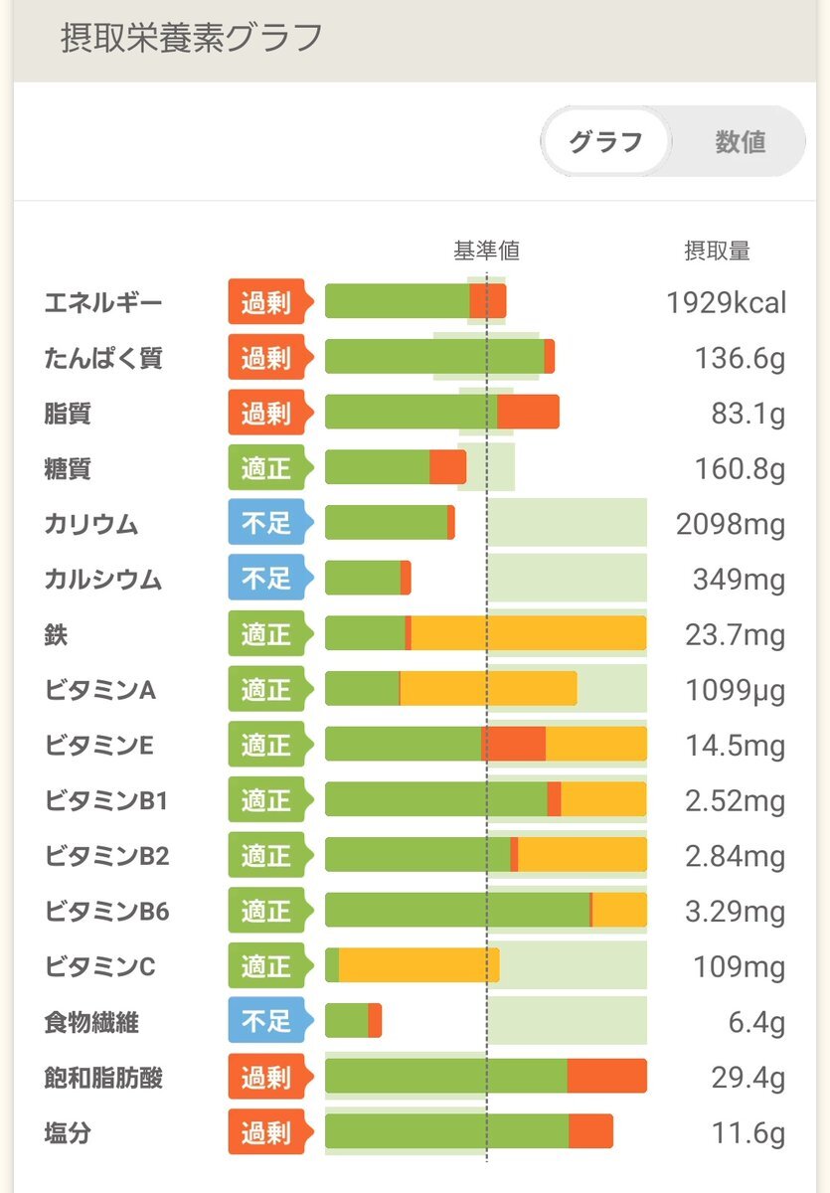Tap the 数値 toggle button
pyautogui.click(x=740, y=142)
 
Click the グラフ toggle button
pyautogui.click(x=605, y=142)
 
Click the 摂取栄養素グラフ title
pyautogui.click(x=191, y=38)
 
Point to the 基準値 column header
pyautogui.click(x=486, y=252)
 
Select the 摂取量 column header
pyautogui.click(x=717, y=252)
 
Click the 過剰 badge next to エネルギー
pyautogui.click(x=266, y=301)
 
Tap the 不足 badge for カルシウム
pyautogui.click(x=266, y=579)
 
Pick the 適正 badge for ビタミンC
pyautogui.click(x=266, y=966)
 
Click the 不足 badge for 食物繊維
pyautogui.click(x=266, y=1021)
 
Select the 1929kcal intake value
pyautogui.click(x=726, y=302)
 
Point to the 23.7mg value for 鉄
pyautogui.click(x=735, y=634)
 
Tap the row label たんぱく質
pyautogui.click(x=102, y=358)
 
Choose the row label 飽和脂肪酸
pyautogui.click(x=102, y=1077)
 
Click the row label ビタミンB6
pyautogui.click(x=106, y=911)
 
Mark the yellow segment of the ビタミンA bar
pyautogui.click(x=488, y=689)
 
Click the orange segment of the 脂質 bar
pyautogui.click(x=528, y=413)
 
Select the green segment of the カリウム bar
pyautogui.click(x=386, y=523)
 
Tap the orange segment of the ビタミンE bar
pyautogui.click(x=514, y=744)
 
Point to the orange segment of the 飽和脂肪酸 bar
pyautogui.click(x=606, y=1077)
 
